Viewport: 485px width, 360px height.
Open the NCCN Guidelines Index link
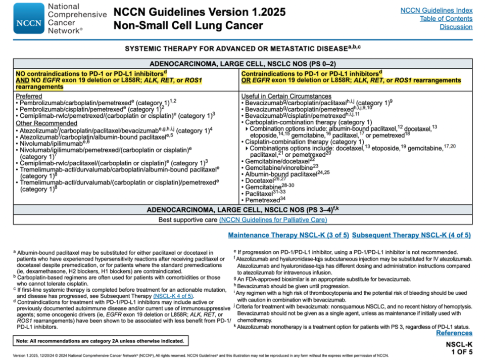(x=436, y=10)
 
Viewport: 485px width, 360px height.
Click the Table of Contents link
(x=446, y=19)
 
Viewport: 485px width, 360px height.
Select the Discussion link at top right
(x=456, y=27)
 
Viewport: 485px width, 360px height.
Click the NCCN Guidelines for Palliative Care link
(x=273, y=219)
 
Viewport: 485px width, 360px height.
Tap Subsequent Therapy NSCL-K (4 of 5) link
(x=411, y=235)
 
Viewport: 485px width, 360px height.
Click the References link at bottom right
(x=454, y=333)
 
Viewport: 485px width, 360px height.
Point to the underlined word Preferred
(x=29, y=96)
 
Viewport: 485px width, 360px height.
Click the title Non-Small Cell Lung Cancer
(x=188, y=25)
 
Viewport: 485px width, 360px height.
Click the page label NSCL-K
(x=459, y=344)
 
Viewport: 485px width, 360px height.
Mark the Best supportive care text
(x=187, y=219)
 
